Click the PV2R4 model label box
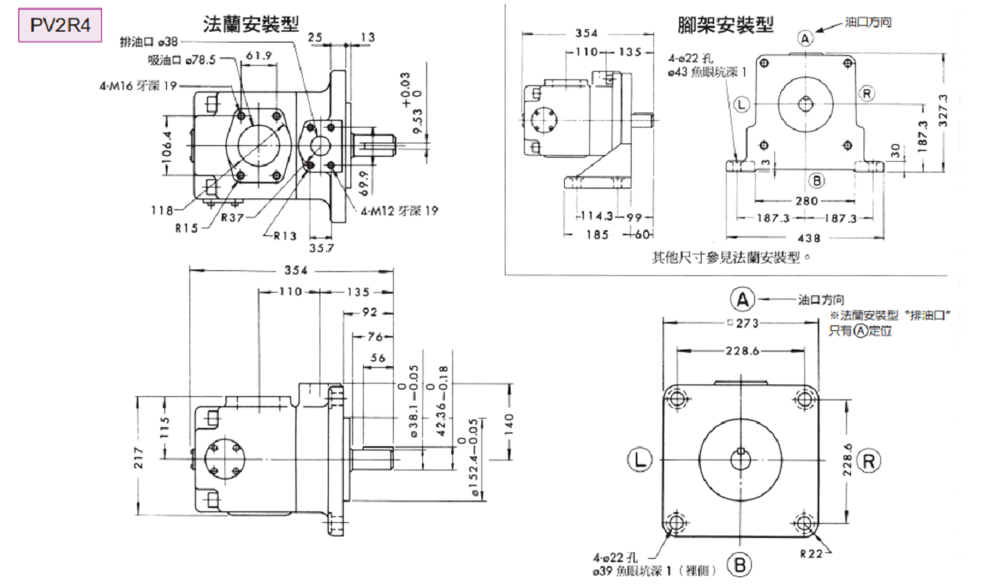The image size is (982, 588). pyautogui.click(x=60, y=27)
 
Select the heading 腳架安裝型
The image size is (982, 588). pyautogui.click(x=726, y=24)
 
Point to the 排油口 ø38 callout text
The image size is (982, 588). pyautogui.click(x=149, y=40)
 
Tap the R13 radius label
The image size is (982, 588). pyautogui.click(x=285, y=235)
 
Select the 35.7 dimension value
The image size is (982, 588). pyautogui.click(x=320, y=247)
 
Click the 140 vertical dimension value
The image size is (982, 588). pyautogui.click(x=510, y=422)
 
